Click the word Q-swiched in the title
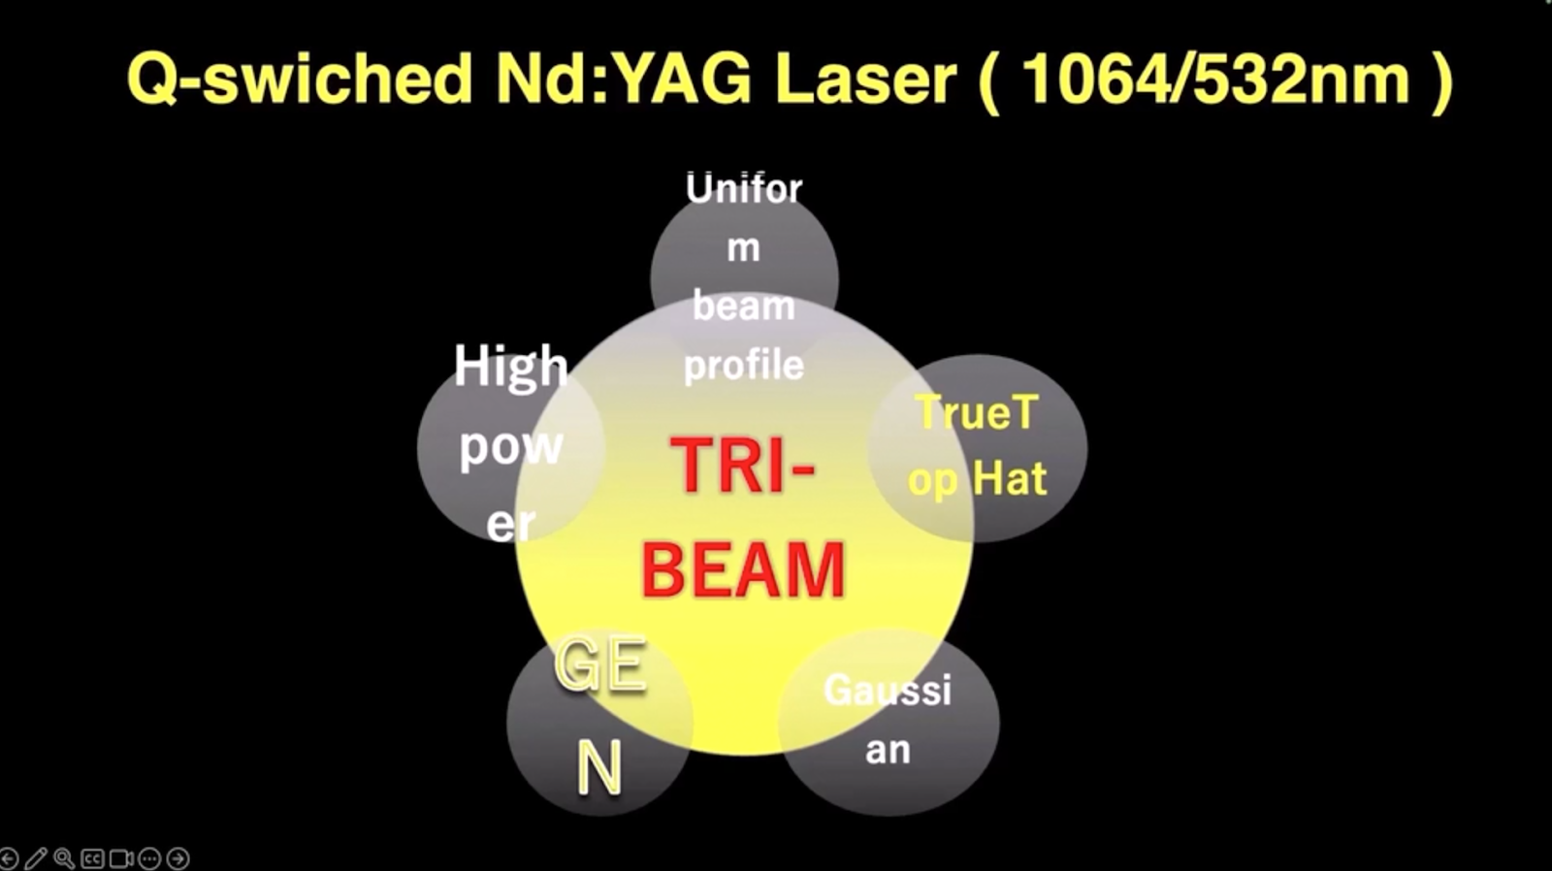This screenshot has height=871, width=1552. (x=300, y=79)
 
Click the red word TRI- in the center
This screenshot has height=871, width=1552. (x=743, y=466)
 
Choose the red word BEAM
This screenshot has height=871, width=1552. (x=743, y=570)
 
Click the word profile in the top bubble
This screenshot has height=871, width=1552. (x=743, y=366)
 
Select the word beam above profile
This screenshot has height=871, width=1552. (x=743, y=306)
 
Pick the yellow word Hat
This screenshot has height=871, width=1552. (x=1010, y=478)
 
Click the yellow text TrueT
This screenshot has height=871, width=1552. (x=978, y=412)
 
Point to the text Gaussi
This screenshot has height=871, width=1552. (x=888, y=691)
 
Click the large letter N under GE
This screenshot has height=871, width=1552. (x=599, y=768)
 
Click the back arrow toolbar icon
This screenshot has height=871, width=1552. (x=9, y=858)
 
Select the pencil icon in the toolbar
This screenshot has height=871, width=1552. (x=36, y=858)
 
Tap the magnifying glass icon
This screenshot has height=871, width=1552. (x=64, y=858)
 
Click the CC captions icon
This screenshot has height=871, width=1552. (x=92, y=858)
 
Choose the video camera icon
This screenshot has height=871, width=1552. (x=121, y=858)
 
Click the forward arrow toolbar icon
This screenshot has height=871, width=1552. (x=178, y=858)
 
